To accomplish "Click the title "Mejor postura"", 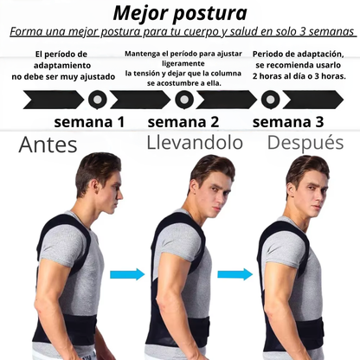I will coord(179,14).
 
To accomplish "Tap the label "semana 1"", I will coord(89,120).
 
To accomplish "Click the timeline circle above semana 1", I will coord(97,99).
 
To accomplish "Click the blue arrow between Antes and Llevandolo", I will coord(127,274).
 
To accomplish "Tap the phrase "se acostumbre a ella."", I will coord(183,83).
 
